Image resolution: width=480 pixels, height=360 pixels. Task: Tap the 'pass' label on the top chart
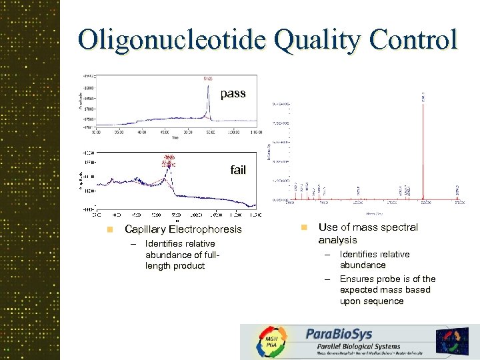point(233,93)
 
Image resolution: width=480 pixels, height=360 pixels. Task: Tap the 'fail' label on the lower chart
point(238,170)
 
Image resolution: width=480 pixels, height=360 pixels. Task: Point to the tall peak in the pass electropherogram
point(208,100)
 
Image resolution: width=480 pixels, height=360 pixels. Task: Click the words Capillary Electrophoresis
point(183,229)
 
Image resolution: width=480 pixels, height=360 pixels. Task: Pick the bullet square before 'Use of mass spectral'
point(303,227)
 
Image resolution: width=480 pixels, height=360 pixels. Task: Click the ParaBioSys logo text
point(339,333)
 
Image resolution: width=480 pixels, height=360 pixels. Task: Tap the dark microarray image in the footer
point(453,340)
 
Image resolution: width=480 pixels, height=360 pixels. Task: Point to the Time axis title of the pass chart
point(175,139)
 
